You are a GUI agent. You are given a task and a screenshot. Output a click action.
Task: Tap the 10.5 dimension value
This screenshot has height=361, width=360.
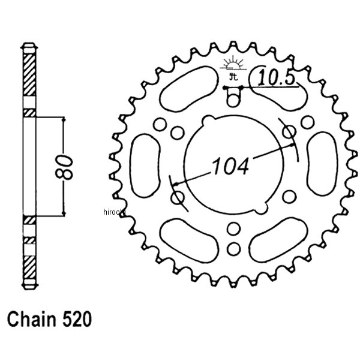coord(277,77)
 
